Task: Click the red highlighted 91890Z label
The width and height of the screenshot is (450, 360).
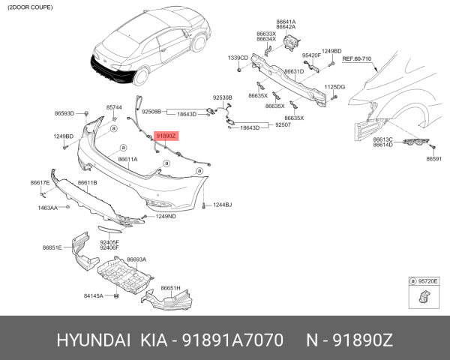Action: pyautogui.click(x=166, y=136)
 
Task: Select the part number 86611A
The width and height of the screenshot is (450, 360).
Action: pyautogui.click(x=127, y=160)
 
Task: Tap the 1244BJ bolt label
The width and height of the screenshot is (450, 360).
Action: pyautogui.click(x=222, y=205)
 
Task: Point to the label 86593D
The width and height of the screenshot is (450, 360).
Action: pyautogui.click(x=64, y=113)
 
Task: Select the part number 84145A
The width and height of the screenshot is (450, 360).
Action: pyautogui.click(x=94, y=295)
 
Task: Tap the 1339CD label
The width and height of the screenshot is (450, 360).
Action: pyautogui.click(x=238, y=58)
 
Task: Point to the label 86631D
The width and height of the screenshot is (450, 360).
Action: pyautogui.click(x=293, y=72)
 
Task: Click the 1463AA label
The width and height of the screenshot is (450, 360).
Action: pyautogui.click(x=48, y=207)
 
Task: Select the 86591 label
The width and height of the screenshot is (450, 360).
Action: pyautogui.click(x=434, y=159)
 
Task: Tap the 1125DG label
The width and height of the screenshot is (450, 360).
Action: pyautogui.click(x=334, y=87)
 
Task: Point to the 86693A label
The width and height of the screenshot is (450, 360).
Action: pyautogui.click(x=136, y=259)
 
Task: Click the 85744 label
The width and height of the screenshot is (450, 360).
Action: pyautogui.click(x=114, y=107)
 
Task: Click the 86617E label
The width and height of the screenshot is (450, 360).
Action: pyautogui.click(x=40, y=183)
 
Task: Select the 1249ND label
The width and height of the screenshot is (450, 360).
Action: pyautogui.click(x=166, y=217)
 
